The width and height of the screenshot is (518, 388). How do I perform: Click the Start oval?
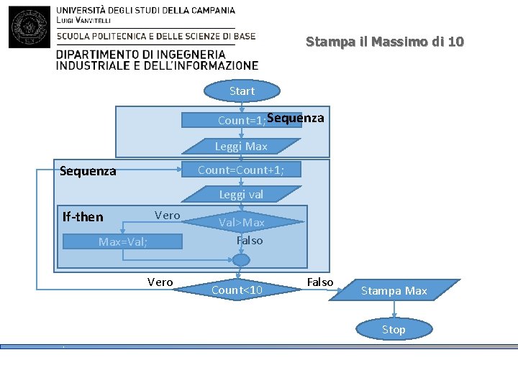click(x=242, y=91)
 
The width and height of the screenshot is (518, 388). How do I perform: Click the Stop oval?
click(x=394, y=330)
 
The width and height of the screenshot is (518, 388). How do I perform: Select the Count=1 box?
click(x=240, y=121)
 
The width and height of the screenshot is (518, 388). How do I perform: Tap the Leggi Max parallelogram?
click(x=240, y=147)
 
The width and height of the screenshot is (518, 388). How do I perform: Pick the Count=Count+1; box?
click(x=240, y=170)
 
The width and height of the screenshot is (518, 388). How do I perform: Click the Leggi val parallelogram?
click(x=241, y=194)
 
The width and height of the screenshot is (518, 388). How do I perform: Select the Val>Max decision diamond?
click(x=242, y=223)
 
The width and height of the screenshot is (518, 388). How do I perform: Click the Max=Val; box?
click(x=123, y=242)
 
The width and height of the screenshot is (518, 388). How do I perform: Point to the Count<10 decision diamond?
click(x=237, y=290)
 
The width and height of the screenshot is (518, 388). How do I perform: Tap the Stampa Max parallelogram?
click(x=394, y=291)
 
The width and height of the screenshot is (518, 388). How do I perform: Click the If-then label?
click(x=83, y=217)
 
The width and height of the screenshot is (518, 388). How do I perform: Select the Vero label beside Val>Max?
click(x=167, y=215)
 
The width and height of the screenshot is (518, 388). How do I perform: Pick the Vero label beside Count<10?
click(x=160, y=282)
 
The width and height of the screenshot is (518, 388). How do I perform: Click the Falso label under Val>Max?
click(x=250, y=241)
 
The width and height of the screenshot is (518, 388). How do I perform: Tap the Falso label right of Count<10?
click(x=320, y=282)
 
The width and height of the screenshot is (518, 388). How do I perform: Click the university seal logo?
click(x=29, y=27)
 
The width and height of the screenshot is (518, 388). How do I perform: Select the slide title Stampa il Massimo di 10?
click(x=385, y=42)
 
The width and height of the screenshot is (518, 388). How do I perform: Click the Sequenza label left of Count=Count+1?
click(x=88, y=171)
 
